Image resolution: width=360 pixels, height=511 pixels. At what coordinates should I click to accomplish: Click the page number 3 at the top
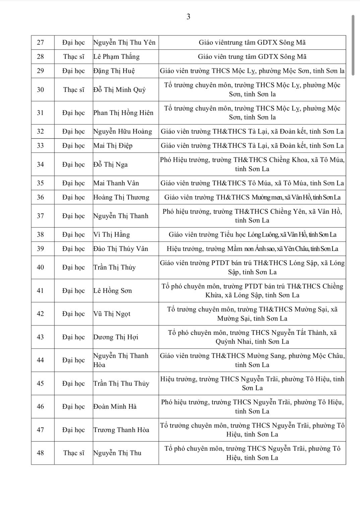[x=188, y=17]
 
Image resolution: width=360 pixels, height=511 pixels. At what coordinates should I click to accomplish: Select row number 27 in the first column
[x=40, y=43]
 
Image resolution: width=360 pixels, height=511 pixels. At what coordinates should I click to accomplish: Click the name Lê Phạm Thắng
[x=116, y=57]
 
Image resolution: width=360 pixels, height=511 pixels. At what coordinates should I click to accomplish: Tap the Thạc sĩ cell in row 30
[x=74, y=90]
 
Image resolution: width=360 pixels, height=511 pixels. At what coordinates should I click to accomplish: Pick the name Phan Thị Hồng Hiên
[x=123, y=113]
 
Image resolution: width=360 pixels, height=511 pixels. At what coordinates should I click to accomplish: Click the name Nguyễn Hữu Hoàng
[x=122, y=132]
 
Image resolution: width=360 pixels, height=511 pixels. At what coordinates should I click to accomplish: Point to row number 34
[x=40, y=164]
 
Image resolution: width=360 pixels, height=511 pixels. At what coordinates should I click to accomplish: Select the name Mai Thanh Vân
[x=116, y=183]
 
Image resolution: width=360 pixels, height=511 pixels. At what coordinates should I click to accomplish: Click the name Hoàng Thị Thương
[x=121, y=197]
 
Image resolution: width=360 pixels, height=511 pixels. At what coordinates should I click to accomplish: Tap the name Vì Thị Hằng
[x=111, y=235]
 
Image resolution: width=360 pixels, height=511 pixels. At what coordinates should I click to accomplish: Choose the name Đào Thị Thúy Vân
[x=120, y=249]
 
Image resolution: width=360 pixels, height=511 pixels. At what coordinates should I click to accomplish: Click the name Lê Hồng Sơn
[x=112, y=291]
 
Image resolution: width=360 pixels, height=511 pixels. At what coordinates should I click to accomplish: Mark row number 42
[x=40, y=314]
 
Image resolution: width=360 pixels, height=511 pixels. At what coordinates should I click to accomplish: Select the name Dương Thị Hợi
[x=116, y=337]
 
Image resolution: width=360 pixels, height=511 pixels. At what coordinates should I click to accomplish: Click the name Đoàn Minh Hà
[x=115, y=407]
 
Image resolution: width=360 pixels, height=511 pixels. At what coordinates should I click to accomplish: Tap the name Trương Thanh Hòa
[x=121, y=430]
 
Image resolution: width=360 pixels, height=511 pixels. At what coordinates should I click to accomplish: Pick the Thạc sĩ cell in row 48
[x=74, y=453]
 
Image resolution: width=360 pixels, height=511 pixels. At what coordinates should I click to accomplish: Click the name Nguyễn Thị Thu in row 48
[x=117, y=453]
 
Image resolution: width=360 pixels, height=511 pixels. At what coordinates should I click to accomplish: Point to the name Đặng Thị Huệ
[x=114, y=71]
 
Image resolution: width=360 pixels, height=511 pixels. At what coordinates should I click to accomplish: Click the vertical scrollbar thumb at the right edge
[x=353, y=45]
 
